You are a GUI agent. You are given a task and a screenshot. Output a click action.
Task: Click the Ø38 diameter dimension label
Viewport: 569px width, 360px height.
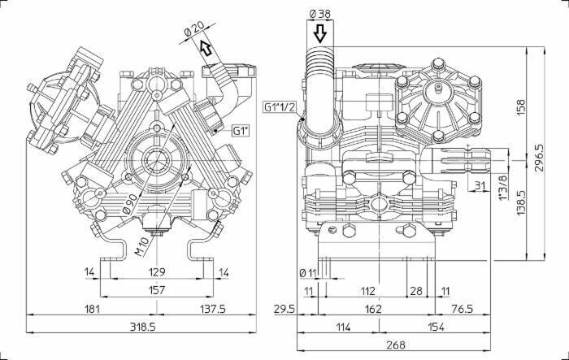[319, 14]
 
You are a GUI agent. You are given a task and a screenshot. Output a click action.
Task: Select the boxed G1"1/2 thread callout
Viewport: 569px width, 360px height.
[280, 106]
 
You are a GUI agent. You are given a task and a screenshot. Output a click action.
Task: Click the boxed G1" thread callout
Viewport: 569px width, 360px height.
[241, 131]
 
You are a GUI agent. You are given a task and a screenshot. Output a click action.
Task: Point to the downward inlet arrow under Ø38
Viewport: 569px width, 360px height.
[319, 34]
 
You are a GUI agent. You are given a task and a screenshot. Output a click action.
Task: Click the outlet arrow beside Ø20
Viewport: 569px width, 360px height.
[206, 48]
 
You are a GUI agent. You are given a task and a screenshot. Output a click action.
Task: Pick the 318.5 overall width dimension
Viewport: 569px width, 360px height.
[142, 327]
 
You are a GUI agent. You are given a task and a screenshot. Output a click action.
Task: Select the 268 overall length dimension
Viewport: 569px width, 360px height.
[395, 345]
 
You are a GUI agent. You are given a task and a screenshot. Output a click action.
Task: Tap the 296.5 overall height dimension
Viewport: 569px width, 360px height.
[539, 158]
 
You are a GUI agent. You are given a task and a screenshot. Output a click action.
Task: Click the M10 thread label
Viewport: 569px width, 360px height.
[141, 247]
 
